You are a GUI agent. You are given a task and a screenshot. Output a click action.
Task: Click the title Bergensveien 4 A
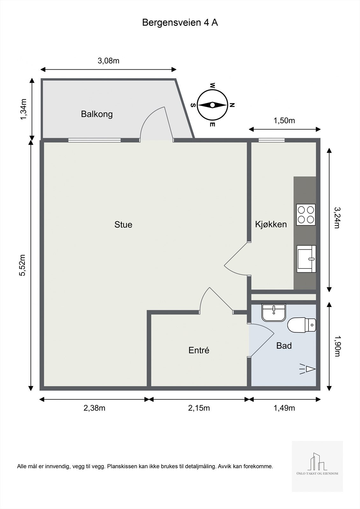pyautogui.click(x=180, y=23)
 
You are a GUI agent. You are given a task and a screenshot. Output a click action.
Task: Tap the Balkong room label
pyautogui.click(x=97, y=114)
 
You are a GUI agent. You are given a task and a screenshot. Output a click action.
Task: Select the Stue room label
pyautogui.click(x=123, y=225)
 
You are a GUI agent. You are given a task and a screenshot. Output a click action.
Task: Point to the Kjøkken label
pyautogui.click(x=271, y=224)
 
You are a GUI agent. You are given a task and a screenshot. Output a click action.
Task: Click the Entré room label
pyautogui.click(x=199, y=350)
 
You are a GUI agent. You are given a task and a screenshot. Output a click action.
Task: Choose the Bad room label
pyautogui.click(x=284, y=345)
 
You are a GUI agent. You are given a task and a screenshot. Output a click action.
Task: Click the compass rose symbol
pyautogui.click(x=212, y=105)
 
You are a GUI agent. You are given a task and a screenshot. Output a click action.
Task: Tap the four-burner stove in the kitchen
pyautogui.click(x=306, y=215)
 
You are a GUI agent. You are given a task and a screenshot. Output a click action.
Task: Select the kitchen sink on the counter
pyautogui.click(x=306, y=259)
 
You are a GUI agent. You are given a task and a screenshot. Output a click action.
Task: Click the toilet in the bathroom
pyautogui.click(x=302, y=325)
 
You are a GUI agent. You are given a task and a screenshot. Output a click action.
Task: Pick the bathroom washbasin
pyautogui.click(x=274, y=313)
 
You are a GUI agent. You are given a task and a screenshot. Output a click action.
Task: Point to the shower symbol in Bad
pyautogui.click(x=307, y=369)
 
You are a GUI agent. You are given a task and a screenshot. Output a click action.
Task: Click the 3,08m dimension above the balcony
pyautogui.click(x=109, y=61)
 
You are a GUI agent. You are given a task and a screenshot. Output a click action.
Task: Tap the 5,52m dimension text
pyautogui.click(x=23, y=265)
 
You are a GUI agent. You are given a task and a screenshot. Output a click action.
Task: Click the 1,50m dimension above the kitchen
pyautogui.click(x=284, y=121)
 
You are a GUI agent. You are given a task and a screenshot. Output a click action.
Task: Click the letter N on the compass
pyautogui.click(x=232, y=105)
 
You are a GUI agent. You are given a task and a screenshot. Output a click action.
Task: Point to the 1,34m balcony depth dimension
pyautogui.click(x=24, y=109)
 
